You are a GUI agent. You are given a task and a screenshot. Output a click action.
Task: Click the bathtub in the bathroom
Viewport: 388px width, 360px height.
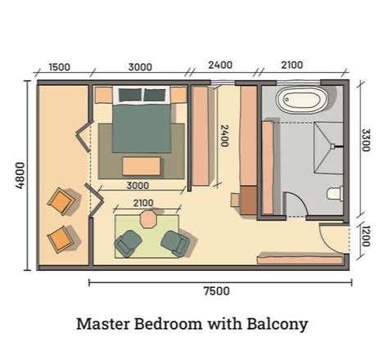[x=300, y=102]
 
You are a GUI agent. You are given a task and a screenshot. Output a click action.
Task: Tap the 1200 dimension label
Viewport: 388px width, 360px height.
[x=365, y=241]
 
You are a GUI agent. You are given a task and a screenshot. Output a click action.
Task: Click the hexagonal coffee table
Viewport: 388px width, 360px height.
[x=148, y=219]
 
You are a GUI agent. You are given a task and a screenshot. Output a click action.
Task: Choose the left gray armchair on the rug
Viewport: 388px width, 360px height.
[x=128, y=242]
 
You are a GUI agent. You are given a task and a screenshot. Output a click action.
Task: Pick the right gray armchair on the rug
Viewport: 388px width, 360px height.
[x=174, y=242]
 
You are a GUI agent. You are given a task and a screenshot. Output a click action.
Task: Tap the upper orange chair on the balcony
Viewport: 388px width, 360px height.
[x=61, y=200]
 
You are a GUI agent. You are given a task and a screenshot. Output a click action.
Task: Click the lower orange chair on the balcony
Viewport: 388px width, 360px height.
[x=61, y=238]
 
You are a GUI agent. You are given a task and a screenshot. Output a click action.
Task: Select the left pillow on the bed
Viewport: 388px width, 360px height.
[x=131, y=95]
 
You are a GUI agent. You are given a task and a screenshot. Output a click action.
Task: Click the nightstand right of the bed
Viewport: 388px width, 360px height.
[x=178, y=95]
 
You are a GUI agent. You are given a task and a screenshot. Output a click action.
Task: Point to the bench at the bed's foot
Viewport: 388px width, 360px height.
[x=142, y=166]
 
